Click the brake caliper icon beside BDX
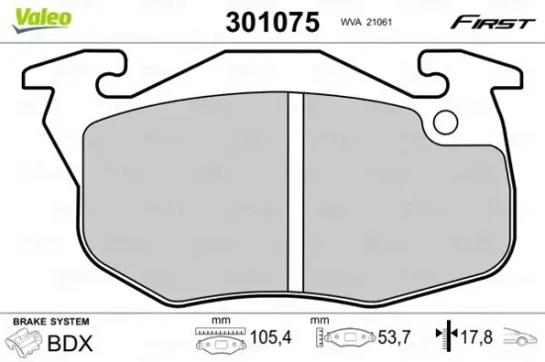(x=24, y=342)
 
